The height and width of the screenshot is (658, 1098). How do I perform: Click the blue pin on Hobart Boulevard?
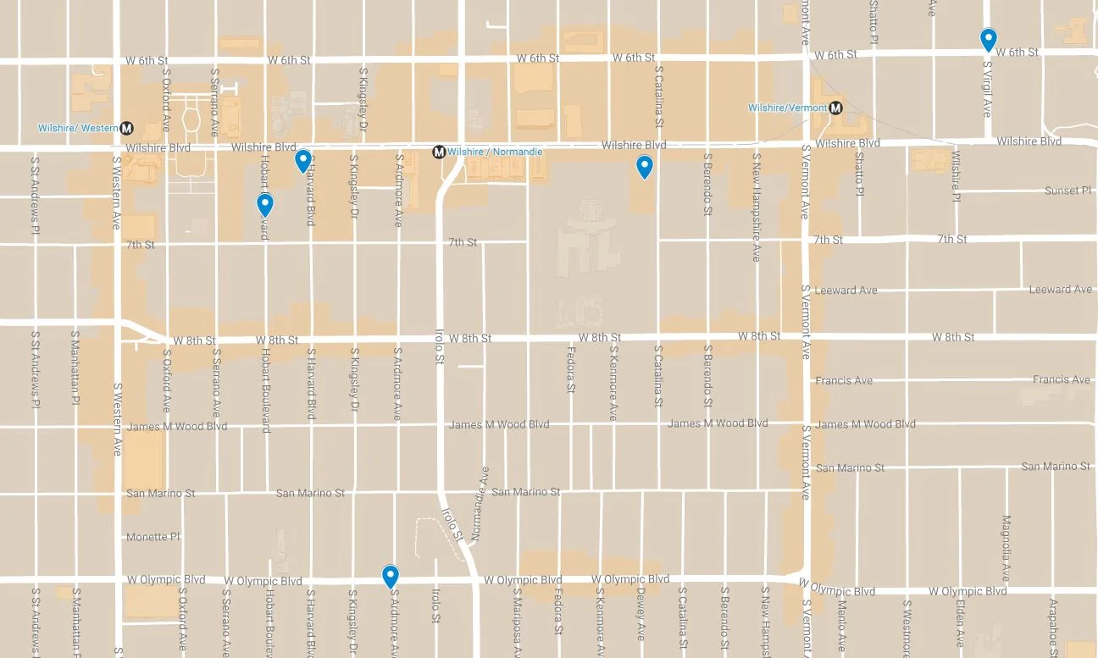(265, 204)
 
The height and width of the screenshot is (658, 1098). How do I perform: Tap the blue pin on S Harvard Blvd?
(303, 160)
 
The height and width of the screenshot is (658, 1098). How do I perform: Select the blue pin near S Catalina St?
(645, 167)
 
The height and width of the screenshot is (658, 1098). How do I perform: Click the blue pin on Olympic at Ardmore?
(391, 576)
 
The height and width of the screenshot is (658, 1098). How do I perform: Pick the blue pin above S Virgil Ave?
(988, 39)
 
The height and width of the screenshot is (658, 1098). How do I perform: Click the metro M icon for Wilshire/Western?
(127, 128)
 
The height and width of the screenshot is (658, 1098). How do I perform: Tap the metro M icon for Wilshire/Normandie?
(439, 152)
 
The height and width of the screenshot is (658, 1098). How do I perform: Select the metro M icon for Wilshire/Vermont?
(836, 108)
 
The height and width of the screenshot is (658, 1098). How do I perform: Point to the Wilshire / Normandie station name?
(495, 152)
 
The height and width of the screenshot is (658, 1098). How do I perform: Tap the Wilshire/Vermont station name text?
(786, 108)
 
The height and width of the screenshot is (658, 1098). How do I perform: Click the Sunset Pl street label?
(1067, 191)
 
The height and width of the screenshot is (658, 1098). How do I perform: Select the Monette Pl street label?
(152, 537)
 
